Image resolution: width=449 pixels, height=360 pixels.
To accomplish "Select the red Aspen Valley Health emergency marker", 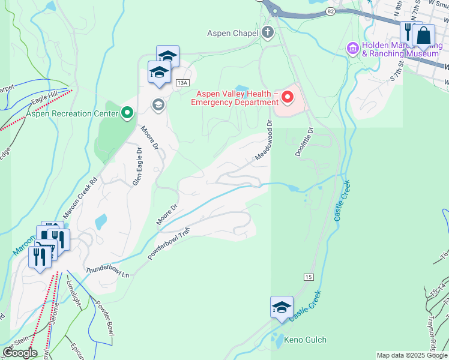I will (288, 96).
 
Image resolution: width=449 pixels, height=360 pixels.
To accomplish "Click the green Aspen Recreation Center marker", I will (127, 113).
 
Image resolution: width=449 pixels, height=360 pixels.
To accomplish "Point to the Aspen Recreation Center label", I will (71, 113).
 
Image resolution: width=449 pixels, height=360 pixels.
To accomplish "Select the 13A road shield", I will (182, 83).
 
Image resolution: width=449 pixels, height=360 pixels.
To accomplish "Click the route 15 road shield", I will (309, 277).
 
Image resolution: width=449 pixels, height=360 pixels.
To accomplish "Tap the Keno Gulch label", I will (305, 340).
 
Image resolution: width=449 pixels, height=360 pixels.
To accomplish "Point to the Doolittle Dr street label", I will (304, 142).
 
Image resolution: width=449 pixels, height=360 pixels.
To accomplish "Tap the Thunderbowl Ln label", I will (108, 272).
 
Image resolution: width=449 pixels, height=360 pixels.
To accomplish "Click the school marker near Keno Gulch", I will (282, 307).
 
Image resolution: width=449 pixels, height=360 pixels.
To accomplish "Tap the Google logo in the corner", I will (19, 353).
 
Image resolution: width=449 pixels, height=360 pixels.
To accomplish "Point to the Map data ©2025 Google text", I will (412, 355).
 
